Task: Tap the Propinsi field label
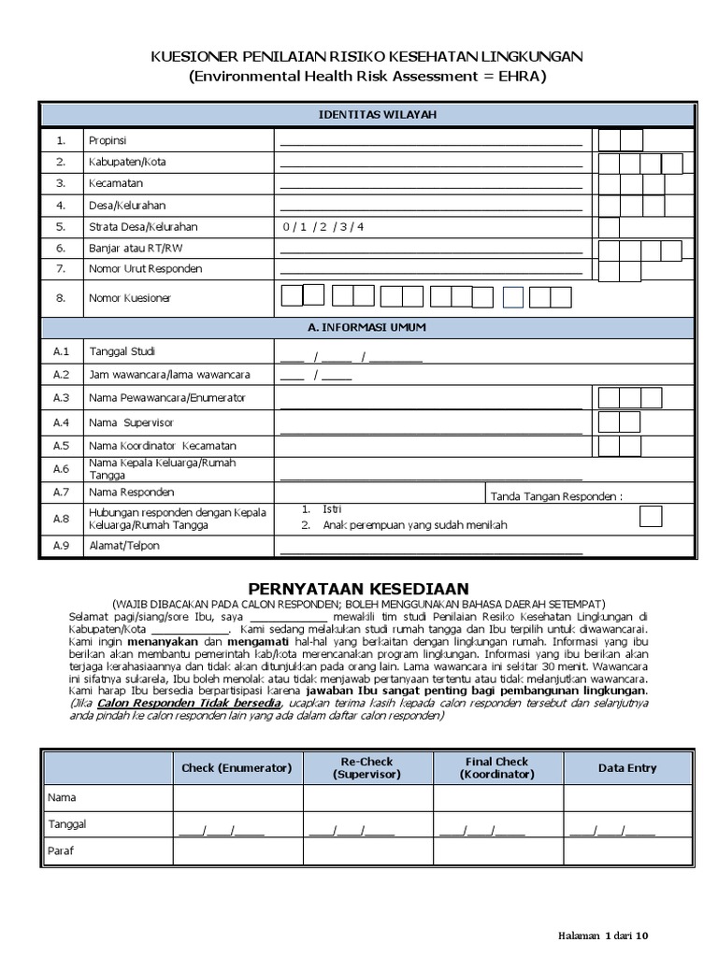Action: (x=108, y=141)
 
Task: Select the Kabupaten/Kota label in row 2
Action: (x=127, y=162)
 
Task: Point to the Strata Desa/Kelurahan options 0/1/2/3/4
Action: (x=323, y=227)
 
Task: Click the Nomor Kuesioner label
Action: (x=130, y=298)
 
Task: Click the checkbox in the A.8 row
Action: (x=651, y=517)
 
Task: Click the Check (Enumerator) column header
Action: (x=237, y=767)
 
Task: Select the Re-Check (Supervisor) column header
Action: (x=366, y=767)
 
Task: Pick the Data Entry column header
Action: (x=627, y=767)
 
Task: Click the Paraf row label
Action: (x=61, y=850)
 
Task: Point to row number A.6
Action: (x=62, y=469)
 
